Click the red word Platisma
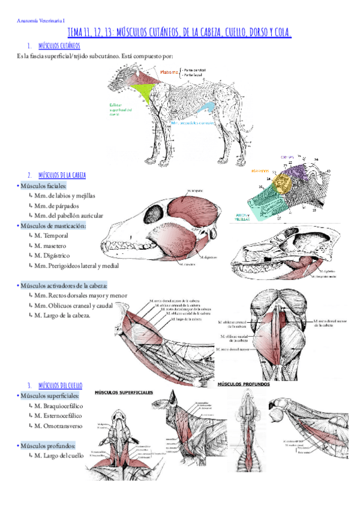[x=170, y=73]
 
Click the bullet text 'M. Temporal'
[x=52, y=236]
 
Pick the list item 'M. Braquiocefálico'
[x=58, y=406]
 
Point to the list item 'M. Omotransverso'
[x=58, y=426]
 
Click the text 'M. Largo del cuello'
[x=59, y=456]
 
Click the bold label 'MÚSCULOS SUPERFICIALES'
[x=125, y=394]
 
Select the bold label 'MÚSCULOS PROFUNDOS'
[x=244, y=384]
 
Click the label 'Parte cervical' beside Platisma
[x=195, y=70]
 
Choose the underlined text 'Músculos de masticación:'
[x=53, y=226]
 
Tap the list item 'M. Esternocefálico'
[x=58, y=415]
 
